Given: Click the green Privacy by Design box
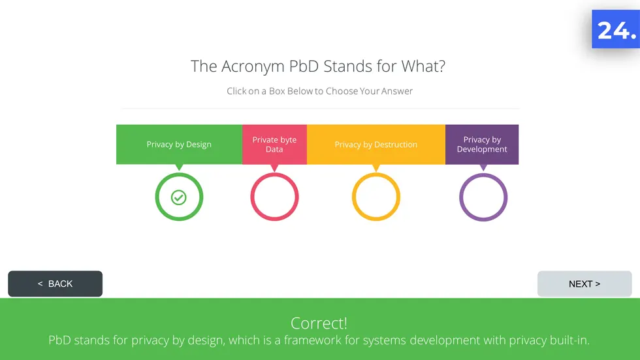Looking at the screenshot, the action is tap(179, 144).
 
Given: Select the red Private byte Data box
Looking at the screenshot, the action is tap(274, 144).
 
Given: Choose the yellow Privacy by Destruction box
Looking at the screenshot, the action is tap(376, 144).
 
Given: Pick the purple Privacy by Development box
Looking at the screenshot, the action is tap(482, 144).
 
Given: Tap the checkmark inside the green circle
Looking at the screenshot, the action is tap(179, 197).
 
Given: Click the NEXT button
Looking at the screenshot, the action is tap(584, 284).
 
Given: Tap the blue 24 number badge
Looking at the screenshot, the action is tap(616, 29).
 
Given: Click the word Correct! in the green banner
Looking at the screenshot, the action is tap(319, 323).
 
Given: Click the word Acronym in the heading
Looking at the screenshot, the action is tap(253, 67).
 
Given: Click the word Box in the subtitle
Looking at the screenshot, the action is tap(277, 91).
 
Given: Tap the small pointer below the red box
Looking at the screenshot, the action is tap(274, 168).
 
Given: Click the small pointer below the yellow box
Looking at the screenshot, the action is tap(376, 168).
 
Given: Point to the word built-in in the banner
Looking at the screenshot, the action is tap(569, 340).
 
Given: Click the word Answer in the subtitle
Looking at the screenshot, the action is tap(397, 91).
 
